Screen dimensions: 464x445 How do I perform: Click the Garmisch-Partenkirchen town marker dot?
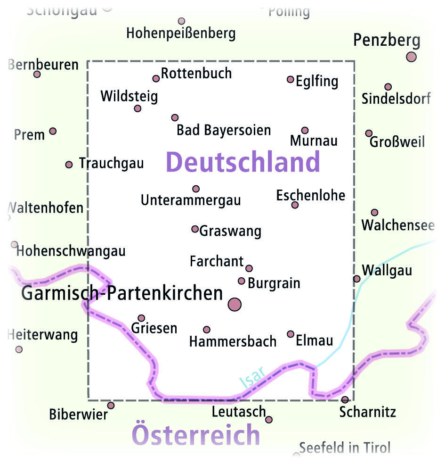point(235,305)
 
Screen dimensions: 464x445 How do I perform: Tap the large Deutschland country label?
point(243,162)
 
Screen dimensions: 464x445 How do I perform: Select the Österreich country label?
point(196,434)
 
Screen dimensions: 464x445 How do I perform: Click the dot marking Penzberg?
point(411,57)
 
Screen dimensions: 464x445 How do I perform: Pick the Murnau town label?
point(314,141)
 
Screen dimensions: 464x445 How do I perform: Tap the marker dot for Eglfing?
point(291,79)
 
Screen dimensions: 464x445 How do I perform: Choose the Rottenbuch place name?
point(196,74)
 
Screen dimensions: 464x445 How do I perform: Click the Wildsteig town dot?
point(138,108)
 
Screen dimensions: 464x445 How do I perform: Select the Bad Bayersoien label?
point(224,130)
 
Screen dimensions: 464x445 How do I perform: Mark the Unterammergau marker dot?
point(196,189)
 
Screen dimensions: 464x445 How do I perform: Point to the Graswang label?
point(230,231)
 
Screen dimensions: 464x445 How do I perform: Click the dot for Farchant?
point(249,268)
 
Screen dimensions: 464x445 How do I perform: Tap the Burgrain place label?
point(274,283)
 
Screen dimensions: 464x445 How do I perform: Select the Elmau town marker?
point(291,334)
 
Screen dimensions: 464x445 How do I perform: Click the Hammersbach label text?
point(233,341)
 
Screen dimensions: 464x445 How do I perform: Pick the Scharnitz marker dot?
point(345,400)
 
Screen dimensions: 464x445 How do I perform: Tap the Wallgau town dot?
point(357,279)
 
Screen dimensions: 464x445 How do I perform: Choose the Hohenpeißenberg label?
point(181,33)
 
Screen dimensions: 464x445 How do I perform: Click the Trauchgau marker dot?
point(69,165)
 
